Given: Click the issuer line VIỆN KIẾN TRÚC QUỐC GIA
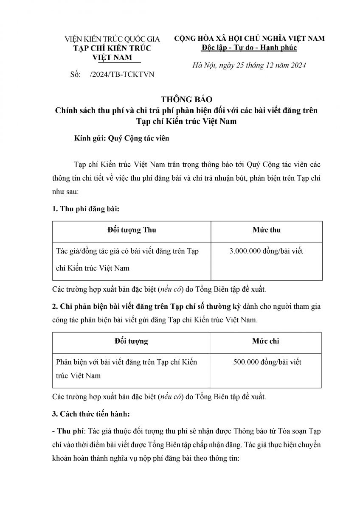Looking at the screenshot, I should tap(112, 39).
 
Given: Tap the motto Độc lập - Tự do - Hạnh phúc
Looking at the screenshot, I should tap(249, 48).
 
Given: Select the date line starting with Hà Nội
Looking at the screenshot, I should tap(249, 66).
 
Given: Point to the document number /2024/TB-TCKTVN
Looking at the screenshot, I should tap(122, 75).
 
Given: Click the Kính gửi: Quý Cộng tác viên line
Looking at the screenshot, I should tap(115, 139).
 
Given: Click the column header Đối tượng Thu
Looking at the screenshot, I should tap(132, 230).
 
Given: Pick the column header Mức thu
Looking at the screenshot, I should tap(266, 230).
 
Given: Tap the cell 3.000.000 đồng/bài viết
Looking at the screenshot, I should tap(266, 251).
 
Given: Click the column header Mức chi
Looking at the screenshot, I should tap(266, 341).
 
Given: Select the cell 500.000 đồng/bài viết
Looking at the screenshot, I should tap(266, 362).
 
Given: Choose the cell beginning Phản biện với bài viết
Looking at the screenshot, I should tap(127, 369).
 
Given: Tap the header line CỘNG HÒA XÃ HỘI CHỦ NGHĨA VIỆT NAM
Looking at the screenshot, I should tap(249, 38).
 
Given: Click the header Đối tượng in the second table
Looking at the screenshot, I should tap(131, 341).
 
